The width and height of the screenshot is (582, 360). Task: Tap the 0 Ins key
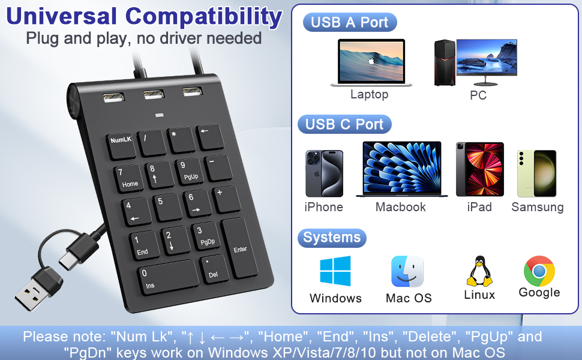click(x=169, y=276)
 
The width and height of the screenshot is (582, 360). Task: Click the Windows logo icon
click(x=335, y=271)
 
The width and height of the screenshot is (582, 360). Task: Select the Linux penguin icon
click(x=479, y=271)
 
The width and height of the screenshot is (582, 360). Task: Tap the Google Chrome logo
click(x=539, y=271)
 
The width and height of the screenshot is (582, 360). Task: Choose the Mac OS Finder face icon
click(x=407, y=272)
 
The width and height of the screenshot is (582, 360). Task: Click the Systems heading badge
click(x=331, y=238)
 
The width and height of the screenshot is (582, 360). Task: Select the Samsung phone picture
click(x=537, y=173)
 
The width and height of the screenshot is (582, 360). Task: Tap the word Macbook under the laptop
click(x=400, y=207)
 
